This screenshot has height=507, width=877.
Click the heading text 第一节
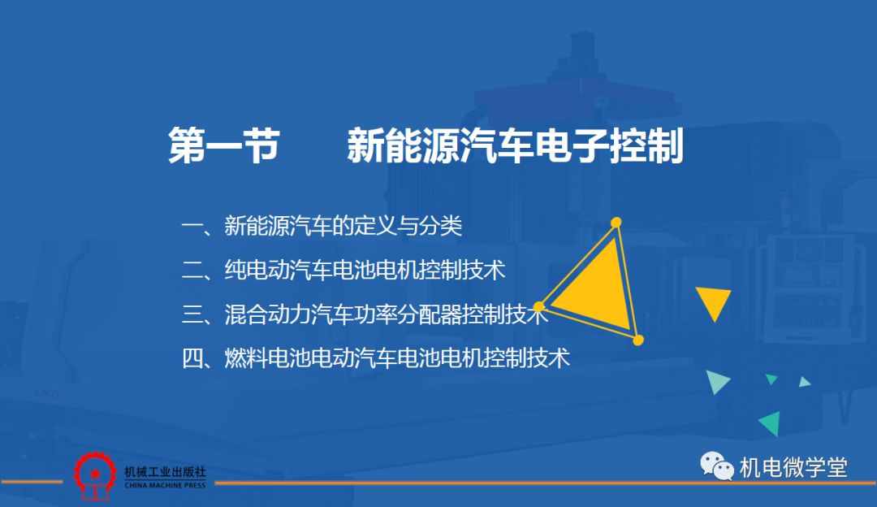point(224,145)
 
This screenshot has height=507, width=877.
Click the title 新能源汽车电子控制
point(515,145)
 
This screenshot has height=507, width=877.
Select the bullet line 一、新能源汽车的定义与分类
point(322,226)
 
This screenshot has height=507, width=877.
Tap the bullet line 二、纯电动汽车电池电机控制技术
point(343,271)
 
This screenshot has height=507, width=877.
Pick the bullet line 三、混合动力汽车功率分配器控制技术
point(365,314)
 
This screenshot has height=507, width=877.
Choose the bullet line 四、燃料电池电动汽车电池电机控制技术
point(376,358)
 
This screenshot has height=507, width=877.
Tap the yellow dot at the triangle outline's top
point(616,223)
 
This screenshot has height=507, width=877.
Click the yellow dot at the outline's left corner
point(538,306)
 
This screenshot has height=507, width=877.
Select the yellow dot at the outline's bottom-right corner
point(637,340)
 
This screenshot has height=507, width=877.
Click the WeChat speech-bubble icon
point(716,466)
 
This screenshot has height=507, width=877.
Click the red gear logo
point(95,475)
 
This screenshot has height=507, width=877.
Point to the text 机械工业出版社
point(165,472)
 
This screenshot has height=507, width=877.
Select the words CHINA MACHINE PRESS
point(165,485)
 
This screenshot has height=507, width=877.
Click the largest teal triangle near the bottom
point(771,423)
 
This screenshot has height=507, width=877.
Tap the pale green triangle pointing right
point(716,382)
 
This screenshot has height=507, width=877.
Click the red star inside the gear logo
point(95,474)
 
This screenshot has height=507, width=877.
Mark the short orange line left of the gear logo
point(32,482)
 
